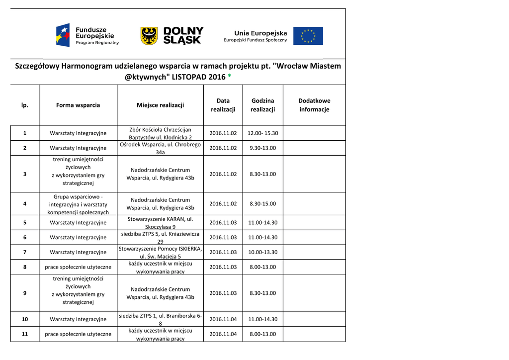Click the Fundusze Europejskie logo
[x=87, y=36]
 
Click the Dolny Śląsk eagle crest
[x=149, y=36]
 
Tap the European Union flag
[x=308, y=36]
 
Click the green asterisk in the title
[x=229, y=78]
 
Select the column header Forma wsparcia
[x=78, y=105]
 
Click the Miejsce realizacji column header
[x=160, y=105]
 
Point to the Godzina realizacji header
[x=262, y=105]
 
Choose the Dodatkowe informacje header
[x=314, y=105]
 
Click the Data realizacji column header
[x=223, y=105]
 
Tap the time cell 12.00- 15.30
[x=263, y=133]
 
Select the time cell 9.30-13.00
[x=263, y=148]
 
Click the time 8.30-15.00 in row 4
[x=263, y=204]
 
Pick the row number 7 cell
[x=24, y=252]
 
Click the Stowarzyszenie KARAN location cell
[x=160, y=223]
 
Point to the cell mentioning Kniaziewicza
[x=160, y=237]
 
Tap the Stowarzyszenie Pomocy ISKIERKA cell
[x=160, y=252]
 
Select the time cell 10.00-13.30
[x=263, y=252]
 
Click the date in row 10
[x=223, y=319]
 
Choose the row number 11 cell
[x=24, y=334]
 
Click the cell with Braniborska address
[x=160, y=319]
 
